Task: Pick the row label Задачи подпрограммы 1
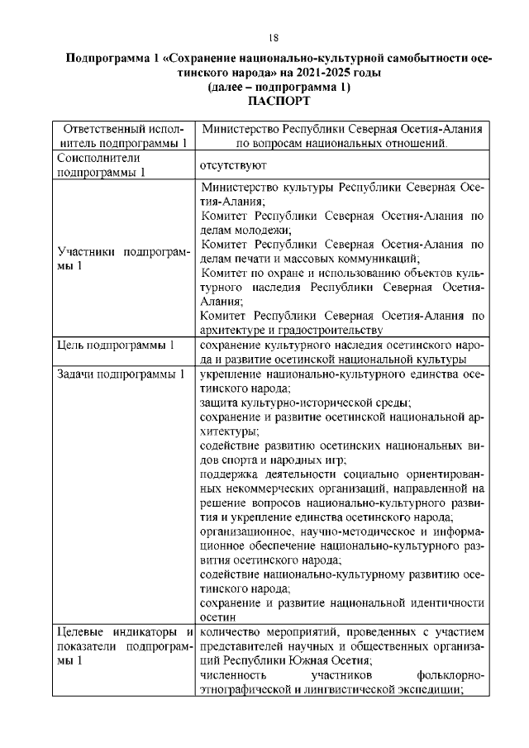[x=119, y=374]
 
